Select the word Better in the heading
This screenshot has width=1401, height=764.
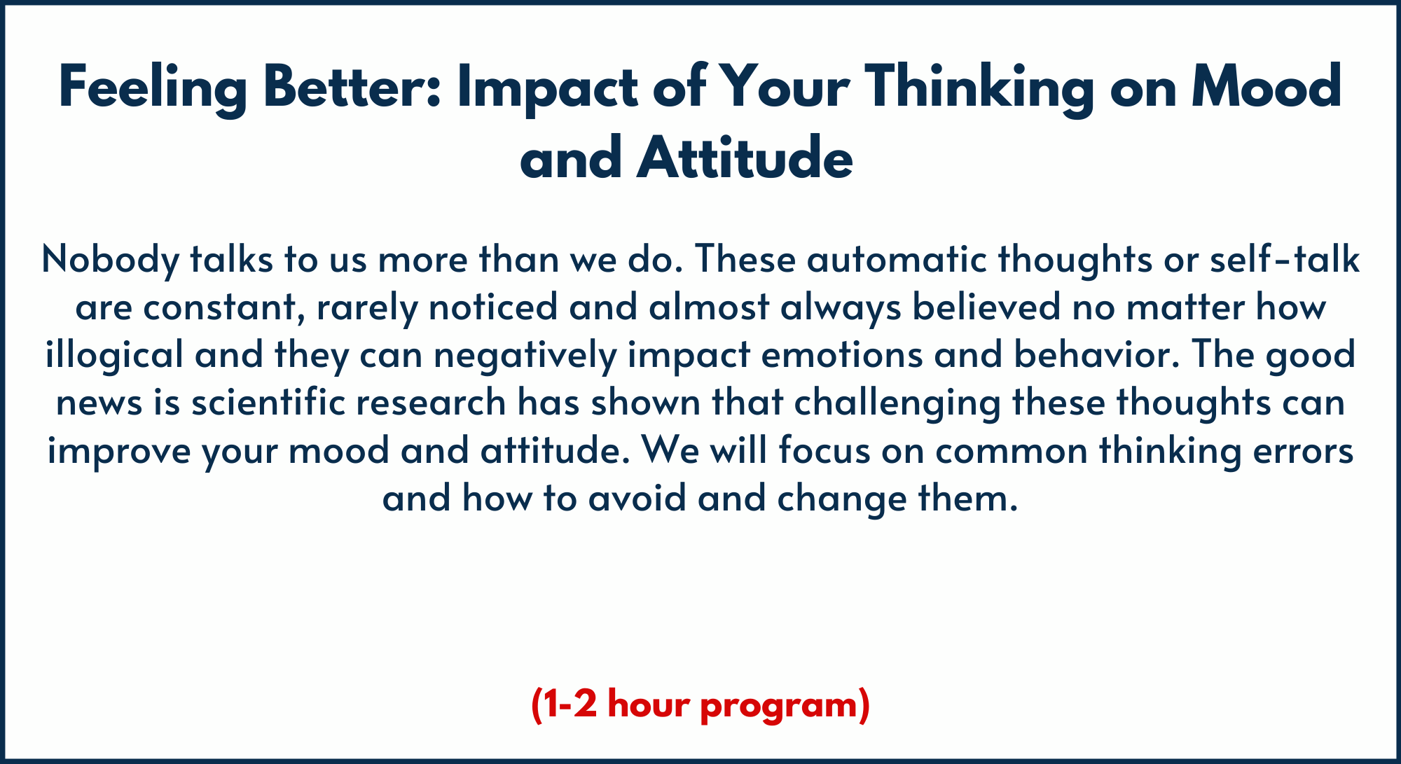point(352,87)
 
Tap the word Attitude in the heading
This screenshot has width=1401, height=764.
point(745,157)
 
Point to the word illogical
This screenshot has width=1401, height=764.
point(114,354)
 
